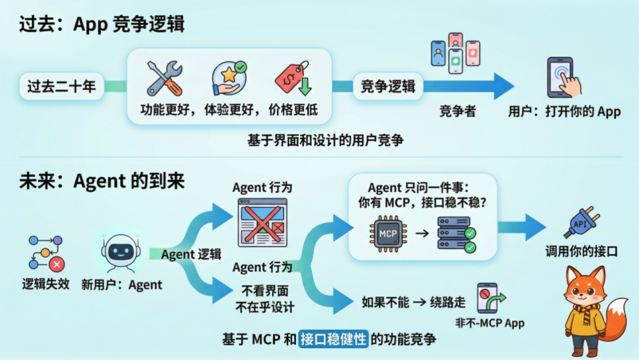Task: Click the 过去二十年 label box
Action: coord(62,86)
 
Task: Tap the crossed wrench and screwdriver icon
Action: coord(164,79)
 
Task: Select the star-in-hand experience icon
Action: coord(228,78)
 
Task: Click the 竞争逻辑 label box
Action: coord(388,86)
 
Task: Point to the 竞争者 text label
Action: coord(457,111)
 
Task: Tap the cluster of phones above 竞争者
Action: coord(455,53)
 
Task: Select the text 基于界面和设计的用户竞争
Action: coord(325,141)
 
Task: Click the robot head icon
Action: coord(121,251)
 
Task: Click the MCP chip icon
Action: coord(388,233)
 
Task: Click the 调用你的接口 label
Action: coord(581,252)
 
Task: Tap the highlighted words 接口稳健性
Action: coord(333,339)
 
